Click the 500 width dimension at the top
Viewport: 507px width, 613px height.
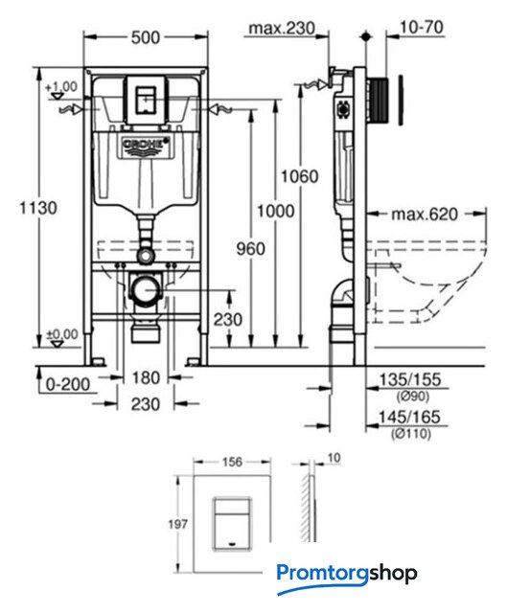click(146, 37)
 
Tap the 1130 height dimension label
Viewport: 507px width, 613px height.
click(38, 208)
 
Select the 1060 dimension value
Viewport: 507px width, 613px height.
click(300, 176)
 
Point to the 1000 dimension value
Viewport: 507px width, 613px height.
click(275, 211)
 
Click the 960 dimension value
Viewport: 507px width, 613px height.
click(250, 249)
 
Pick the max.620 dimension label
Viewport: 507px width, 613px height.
click(425, 215)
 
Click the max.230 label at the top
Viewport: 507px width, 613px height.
click(282, 28)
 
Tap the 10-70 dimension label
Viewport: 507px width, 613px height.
click(422, 27)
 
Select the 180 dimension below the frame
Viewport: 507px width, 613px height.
click(146, 377)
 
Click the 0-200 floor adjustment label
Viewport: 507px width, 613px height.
click(68, 384)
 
